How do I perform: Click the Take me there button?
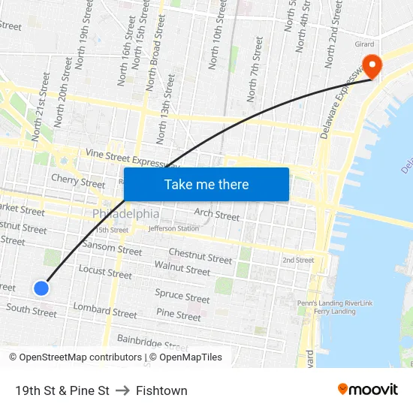coord(206,185)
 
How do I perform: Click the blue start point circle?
coord(41,288)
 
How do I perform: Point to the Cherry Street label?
coord(78,182)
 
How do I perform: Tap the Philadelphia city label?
coord(126,214)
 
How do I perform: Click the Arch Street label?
coord(217,216)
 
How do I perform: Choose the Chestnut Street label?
coord(200,256)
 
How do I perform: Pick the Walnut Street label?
coord(182,268)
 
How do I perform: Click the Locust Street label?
coord(105,272)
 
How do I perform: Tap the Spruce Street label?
coord(182,297)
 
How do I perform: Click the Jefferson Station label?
coord(173,228)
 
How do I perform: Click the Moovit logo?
coord(368,389)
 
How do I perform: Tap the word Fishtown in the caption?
coord(161,390)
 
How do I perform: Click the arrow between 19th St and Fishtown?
coord(122,390)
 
